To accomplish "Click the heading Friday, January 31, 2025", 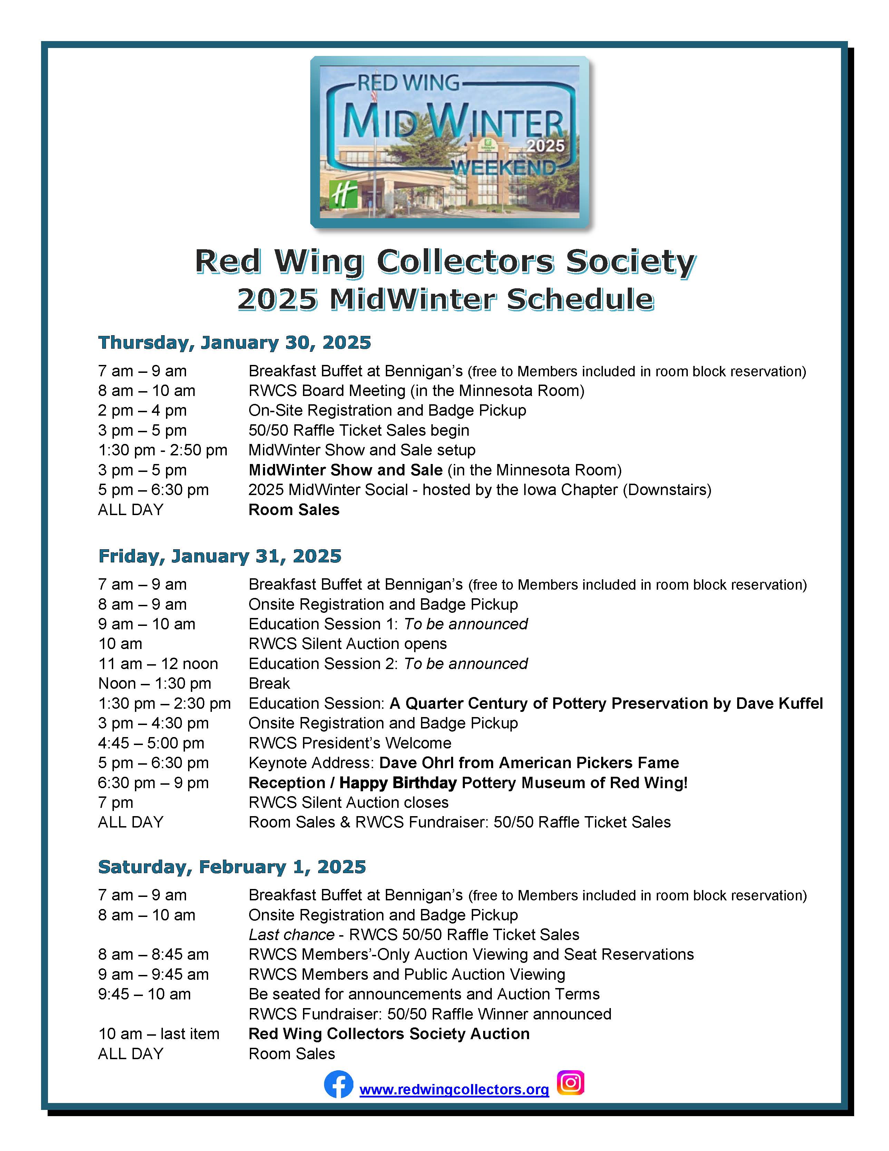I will pos(220,556).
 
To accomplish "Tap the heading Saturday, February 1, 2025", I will pos(232,867).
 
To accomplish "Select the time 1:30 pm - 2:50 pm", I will pos(162,450).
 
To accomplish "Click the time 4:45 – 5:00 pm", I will pos(151,743).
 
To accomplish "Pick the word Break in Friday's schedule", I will pos(269,684).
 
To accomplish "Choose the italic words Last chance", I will pos(291,935).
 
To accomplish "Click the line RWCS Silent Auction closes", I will pos(348,803).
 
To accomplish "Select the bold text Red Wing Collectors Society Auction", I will pos(389,1034).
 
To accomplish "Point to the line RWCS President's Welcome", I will pos(350,743).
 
